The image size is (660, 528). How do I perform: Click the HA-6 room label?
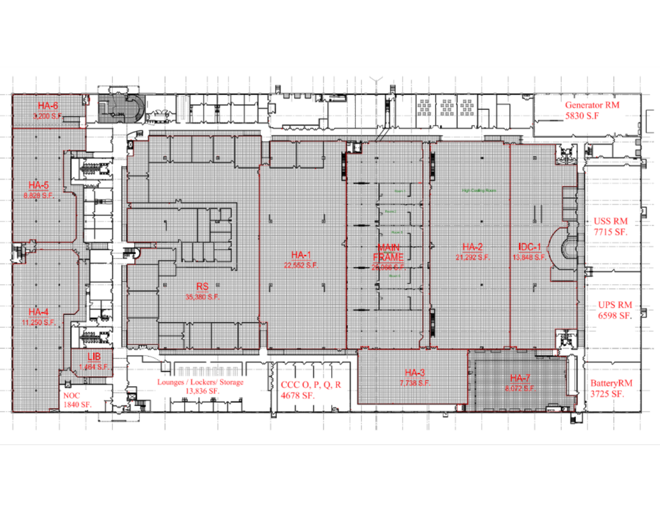48,106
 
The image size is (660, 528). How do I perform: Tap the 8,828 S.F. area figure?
39,196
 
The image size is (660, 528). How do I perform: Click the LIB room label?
94,357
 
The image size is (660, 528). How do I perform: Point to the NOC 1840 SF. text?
77,400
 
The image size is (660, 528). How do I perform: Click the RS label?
202,287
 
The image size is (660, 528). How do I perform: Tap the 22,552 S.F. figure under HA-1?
301,265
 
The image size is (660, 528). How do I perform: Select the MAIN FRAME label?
388,252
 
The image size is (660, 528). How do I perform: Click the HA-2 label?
472,247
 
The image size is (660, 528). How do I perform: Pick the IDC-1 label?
530,247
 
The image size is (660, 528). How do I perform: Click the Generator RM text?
592,105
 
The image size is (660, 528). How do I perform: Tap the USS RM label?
610,221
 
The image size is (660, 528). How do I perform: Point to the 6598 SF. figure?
615,316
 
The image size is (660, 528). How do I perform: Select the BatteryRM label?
611,383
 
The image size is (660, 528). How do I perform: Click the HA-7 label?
520,378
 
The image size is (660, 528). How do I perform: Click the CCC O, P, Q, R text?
311,385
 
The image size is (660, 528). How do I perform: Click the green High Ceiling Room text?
479,190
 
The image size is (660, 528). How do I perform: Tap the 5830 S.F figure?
582,116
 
